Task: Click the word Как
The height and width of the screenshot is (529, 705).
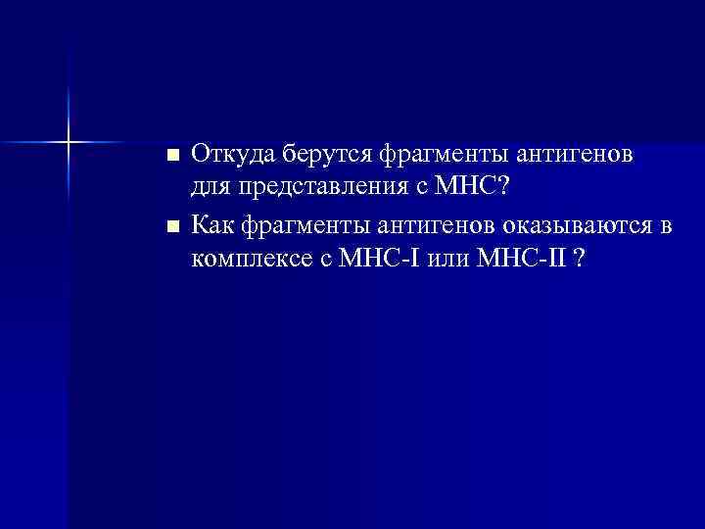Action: click(211, 227)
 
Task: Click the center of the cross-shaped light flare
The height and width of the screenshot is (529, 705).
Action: click(70, 143)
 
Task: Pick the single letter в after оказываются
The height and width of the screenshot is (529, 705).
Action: click(667, 228)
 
